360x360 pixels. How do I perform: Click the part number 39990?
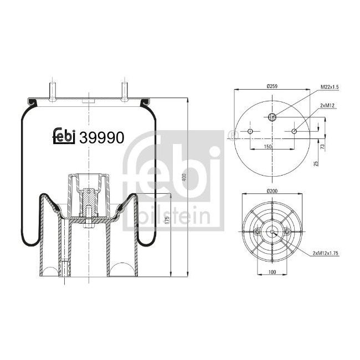[x=102, y=136]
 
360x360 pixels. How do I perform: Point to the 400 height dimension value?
[x=184, y=178]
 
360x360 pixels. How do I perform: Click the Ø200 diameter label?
[x=272, y=191]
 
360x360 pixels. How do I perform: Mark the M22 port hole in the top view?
[x=272, y=116]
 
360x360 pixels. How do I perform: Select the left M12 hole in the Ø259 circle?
[x=250, y=131]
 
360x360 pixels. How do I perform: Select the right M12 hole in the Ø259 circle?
[x=294, y=131]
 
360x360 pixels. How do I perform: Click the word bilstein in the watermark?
[x=176, y=214]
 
